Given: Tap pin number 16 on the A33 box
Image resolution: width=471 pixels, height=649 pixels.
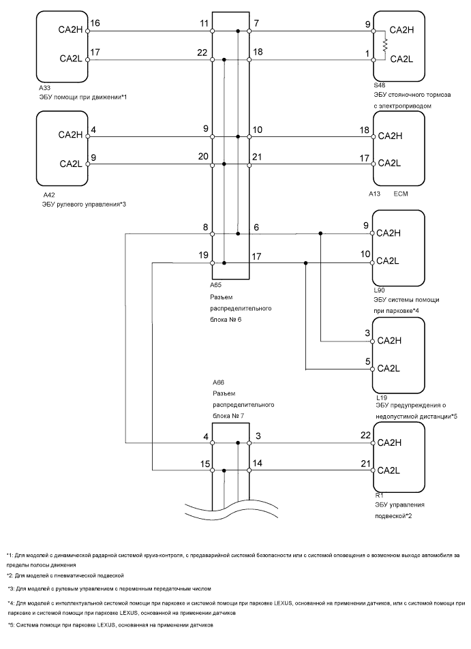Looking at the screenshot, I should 95,23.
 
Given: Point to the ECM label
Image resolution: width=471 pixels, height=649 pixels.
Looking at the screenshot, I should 401,193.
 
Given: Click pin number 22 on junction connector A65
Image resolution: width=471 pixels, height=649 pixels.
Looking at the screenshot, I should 202,52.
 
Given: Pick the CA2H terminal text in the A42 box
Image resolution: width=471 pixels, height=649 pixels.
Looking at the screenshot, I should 71,134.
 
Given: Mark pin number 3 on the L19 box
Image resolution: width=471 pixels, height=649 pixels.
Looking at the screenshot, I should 367,333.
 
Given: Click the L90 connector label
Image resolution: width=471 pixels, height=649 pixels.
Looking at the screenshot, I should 380,290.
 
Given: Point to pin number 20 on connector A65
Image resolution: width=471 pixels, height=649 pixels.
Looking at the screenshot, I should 202,156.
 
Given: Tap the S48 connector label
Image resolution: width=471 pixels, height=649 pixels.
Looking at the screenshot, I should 379,85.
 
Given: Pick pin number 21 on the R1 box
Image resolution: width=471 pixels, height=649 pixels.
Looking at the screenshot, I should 365,464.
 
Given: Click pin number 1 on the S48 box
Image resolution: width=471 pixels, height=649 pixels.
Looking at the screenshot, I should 367,52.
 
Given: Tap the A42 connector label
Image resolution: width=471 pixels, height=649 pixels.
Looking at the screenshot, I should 48,194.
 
